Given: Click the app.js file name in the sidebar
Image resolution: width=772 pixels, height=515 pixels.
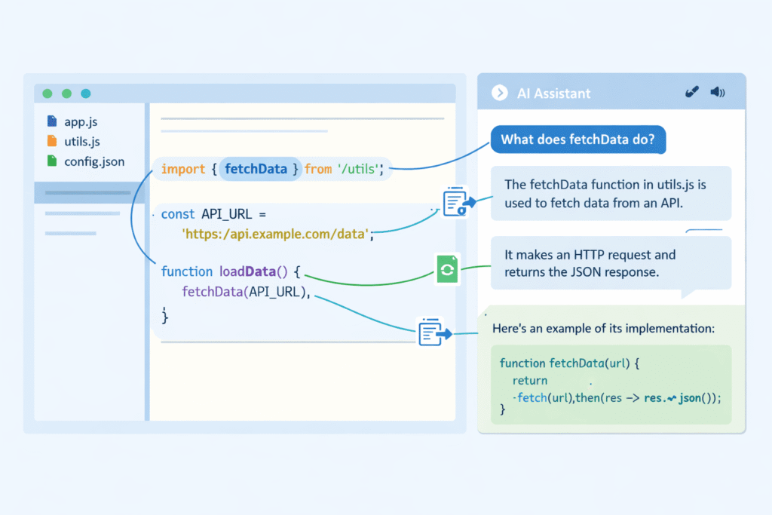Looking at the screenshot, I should [80, 121].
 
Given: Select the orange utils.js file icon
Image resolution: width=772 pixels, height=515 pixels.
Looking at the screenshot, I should [51, 141].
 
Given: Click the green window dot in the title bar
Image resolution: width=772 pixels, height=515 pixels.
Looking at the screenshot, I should [47, 93].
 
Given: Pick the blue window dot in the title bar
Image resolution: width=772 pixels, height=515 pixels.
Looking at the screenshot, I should [85, 93].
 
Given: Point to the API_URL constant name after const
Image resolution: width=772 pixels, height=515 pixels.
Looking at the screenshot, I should [227, 214].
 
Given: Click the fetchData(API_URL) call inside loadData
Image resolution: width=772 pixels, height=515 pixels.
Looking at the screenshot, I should [246, 293].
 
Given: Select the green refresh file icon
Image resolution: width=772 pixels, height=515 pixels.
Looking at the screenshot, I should [447, 269].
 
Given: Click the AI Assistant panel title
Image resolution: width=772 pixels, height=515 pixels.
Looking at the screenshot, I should [553, 93].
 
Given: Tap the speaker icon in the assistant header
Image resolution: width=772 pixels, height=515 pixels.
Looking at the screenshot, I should [717, 93].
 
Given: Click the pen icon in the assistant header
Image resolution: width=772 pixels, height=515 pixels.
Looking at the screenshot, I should [691, 93].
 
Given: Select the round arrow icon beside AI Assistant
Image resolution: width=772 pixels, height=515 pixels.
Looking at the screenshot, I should [498, 93].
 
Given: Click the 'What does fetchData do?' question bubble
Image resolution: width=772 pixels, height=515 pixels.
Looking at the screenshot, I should [578, 139].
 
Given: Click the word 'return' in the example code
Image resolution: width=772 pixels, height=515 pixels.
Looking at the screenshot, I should [530, 381].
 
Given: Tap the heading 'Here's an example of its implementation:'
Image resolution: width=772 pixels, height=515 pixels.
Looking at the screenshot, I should [603, 330].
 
